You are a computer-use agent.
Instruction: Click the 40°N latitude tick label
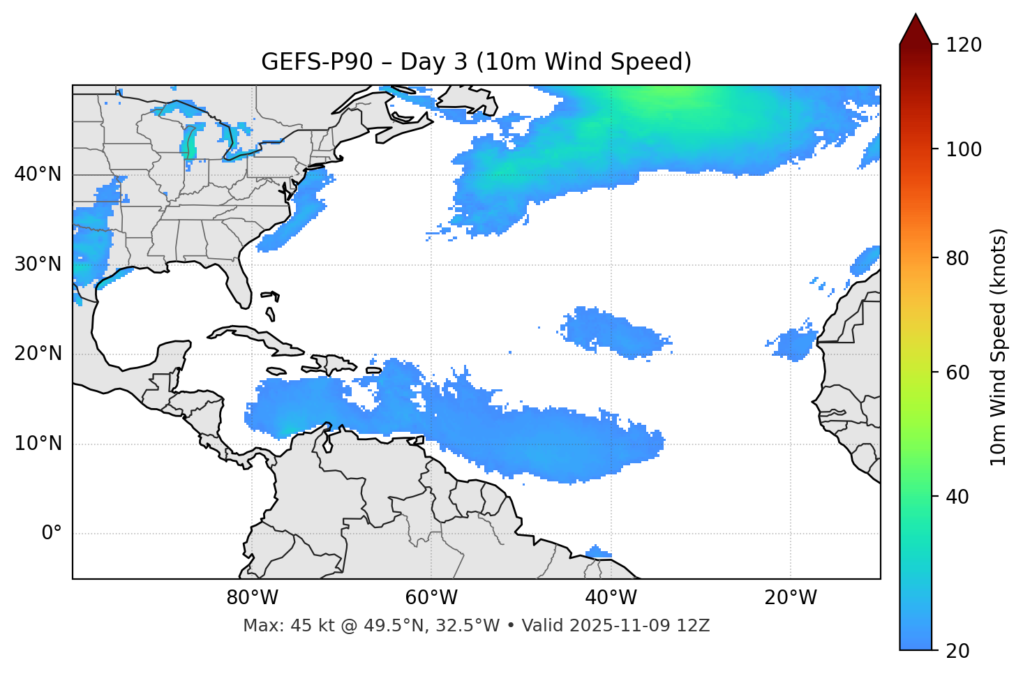point(38,174)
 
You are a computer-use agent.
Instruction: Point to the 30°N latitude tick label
point(38,264)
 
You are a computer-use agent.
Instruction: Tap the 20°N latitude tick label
point(38,354)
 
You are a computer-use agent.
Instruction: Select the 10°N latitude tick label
point(38,444)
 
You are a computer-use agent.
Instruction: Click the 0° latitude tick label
point(52,534)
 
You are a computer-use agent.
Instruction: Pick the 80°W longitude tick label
point(252,598)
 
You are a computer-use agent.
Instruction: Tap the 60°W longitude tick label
point(431,598)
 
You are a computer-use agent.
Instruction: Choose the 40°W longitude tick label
point(611,598)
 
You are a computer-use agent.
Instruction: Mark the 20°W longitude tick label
point(791,598)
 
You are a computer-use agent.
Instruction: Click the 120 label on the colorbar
point(965,45)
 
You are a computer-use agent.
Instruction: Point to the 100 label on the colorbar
point(965,149)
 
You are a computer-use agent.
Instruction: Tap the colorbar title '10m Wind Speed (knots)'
point(999,347)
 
